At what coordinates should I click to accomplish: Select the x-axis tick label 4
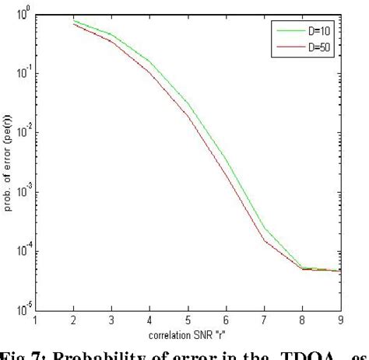click(148, 318)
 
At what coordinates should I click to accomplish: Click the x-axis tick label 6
click(226, 318)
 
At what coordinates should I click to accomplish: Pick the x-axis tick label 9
click(339, 318)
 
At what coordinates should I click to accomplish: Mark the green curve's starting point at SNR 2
click(74, 20)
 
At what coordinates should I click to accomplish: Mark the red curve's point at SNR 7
click(264, 240)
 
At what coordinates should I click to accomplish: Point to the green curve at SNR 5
click(188, 103)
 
